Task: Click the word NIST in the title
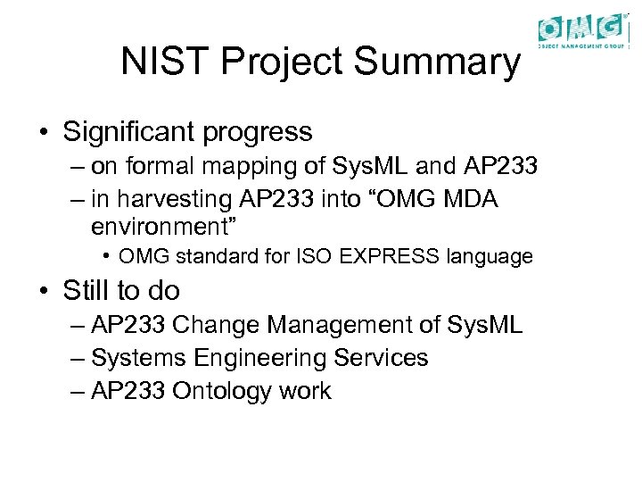tap(157, 62)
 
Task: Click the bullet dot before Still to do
tap(44, 291)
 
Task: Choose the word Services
tap(381, 358)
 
